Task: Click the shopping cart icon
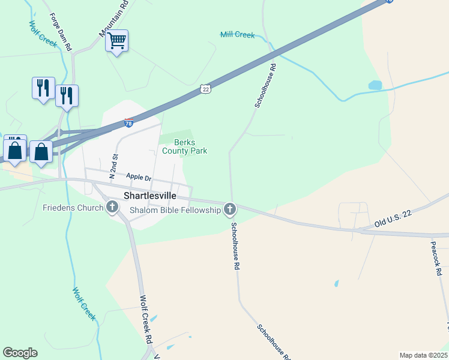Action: coord(117,41)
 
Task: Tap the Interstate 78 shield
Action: coord(129,123)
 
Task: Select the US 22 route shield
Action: coord(206,89)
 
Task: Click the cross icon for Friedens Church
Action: coord(112,208)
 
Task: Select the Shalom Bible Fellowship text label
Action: coord(175,209)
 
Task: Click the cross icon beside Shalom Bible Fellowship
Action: coord(229,209)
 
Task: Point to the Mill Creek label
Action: coord(237,35)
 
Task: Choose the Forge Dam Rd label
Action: coord(61,31)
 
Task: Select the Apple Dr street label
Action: coord(139,177)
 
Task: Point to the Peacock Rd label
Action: coord(436,254)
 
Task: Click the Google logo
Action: coord(20,353)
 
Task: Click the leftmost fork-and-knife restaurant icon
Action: coord(43,88)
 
